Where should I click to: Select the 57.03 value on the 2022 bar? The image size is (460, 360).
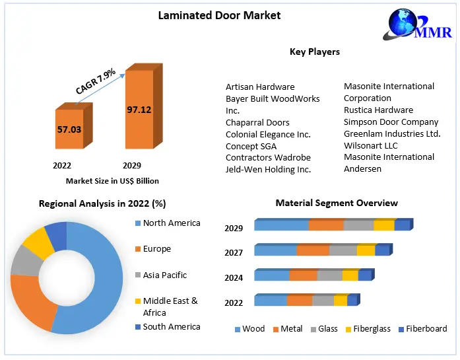pyautogui.click(x=69, y=129)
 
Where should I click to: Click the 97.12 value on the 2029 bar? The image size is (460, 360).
pyautogui.click(x=139, y=110)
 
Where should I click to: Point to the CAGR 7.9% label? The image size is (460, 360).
pyautogui.click(x=96, y=81)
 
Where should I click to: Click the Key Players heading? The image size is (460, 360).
pyautogui.click(x=315, y=52)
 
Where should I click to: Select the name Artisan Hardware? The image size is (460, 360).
pyautogui.click(x=260, y=87)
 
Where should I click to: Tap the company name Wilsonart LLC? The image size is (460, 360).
pyautogui.click(x=371, y=145)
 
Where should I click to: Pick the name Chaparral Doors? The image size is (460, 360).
pyautogui.click(x=257, y=122)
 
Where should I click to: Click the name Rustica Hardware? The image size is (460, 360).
pyautogui.click(x=378, y=110)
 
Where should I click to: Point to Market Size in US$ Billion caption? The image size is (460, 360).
pyautogui.click(x=112, y=181)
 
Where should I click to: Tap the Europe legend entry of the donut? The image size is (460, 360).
pyautogui.click(x=156, y=249)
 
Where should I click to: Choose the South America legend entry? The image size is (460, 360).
pyautogui.click(x=171, y=326)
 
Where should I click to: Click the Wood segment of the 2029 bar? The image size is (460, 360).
pyautogui.click(x=281, y=226)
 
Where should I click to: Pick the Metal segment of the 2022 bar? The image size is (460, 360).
pyautogui.click(x=299, y=301)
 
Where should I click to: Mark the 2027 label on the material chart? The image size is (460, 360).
pyautogui.click(x=234, y=253)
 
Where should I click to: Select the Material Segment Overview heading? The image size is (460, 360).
pyautogui.click(x=337, y=203)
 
